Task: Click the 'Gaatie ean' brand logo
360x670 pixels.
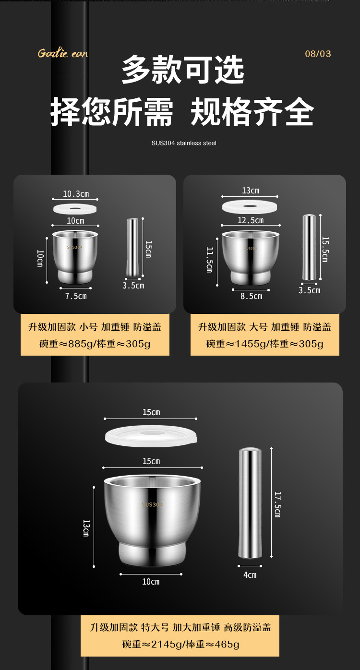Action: point(63,53)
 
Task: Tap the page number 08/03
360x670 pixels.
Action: point(318,54)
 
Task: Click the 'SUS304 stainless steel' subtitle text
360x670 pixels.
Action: point(184,143)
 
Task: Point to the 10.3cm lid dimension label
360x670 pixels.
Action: point(76,194)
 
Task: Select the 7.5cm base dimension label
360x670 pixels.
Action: point(76,296)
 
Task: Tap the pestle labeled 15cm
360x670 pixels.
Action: point(133,248)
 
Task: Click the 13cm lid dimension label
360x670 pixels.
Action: point(250,191)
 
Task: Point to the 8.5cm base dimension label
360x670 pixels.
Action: point(251,296)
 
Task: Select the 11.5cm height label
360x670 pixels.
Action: point(209,260)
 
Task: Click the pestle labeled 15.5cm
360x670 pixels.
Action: point(309,248)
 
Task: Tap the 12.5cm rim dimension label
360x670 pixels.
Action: point(251,220)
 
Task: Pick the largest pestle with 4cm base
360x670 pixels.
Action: point(250,503)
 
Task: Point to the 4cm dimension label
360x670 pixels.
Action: point(250,574)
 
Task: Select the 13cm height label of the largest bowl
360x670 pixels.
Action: point(86,528)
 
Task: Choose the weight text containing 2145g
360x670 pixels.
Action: point(180,644)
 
